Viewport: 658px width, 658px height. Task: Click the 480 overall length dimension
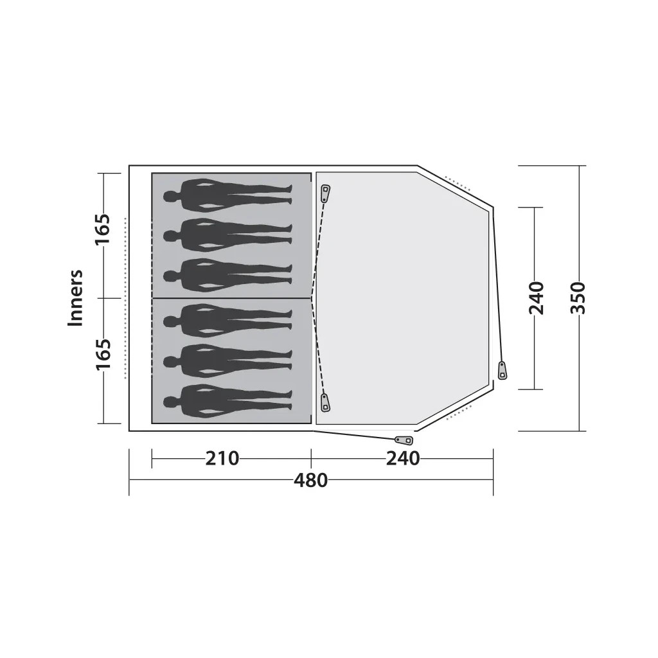[x=311, y=480]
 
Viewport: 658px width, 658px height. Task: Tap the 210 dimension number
[x=222, y=459]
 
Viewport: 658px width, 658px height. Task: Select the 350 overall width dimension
[x=579, y=298]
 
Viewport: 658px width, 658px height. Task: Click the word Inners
[x=76, y=298]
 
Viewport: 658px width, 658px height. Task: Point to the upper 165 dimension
[x=103, y=229]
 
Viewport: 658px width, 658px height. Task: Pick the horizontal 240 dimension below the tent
[x=402, y=459]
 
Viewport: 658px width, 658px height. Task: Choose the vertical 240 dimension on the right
[x=537, y=298]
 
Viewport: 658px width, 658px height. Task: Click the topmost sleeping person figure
[x=228, y=195]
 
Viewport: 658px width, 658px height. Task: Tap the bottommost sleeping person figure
[x=228, y=402]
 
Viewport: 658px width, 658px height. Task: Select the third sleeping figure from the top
[x=228, y=275]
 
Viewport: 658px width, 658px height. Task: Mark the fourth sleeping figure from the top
[x=228, y=319]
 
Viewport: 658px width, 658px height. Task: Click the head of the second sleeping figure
[x=170, y=236]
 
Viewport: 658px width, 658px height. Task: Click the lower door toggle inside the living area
[x=325, y=403]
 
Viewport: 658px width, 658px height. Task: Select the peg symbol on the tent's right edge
[x=502, y=371]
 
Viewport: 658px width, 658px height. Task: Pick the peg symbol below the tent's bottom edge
[x=404, y=440]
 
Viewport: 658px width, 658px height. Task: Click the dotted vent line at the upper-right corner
[x=458, y=182]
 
